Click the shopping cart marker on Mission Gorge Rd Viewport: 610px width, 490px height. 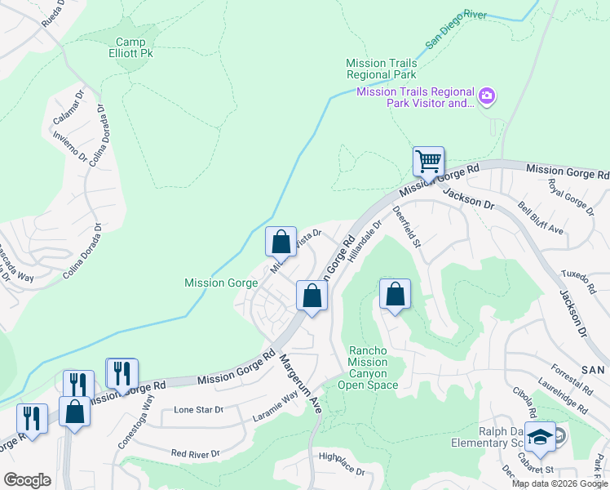[x=428, y=161]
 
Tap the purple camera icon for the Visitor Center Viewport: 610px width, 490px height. [x=487, y=97]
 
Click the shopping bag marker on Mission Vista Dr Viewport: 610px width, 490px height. [x=281, y=242]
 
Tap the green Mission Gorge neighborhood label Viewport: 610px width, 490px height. [x=221, y=283]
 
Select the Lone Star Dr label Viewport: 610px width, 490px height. [x=198, y=410]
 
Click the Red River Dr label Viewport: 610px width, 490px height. [x=195, y=453]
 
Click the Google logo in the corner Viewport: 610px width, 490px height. [x=27, y=479]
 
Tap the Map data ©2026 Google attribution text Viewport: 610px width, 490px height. [x=559, y=483]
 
